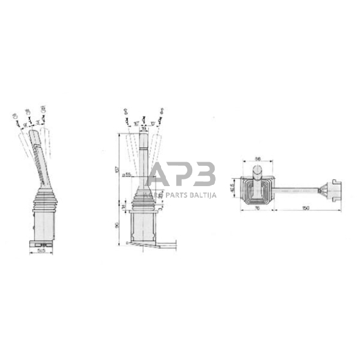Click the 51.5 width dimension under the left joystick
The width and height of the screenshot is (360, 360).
coord(41,250)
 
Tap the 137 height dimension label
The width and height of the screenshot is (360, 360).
coord(118,170)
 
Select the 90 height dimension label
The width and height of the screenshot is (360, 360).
coord(118,224)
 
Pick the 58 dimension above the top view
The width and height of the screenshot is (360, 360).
coord(257,159)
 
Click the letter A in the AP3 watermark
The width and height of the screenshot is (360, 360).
coord(160,174)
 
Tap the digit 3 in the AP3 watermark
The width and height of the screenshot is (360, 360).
coord(204,174)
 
